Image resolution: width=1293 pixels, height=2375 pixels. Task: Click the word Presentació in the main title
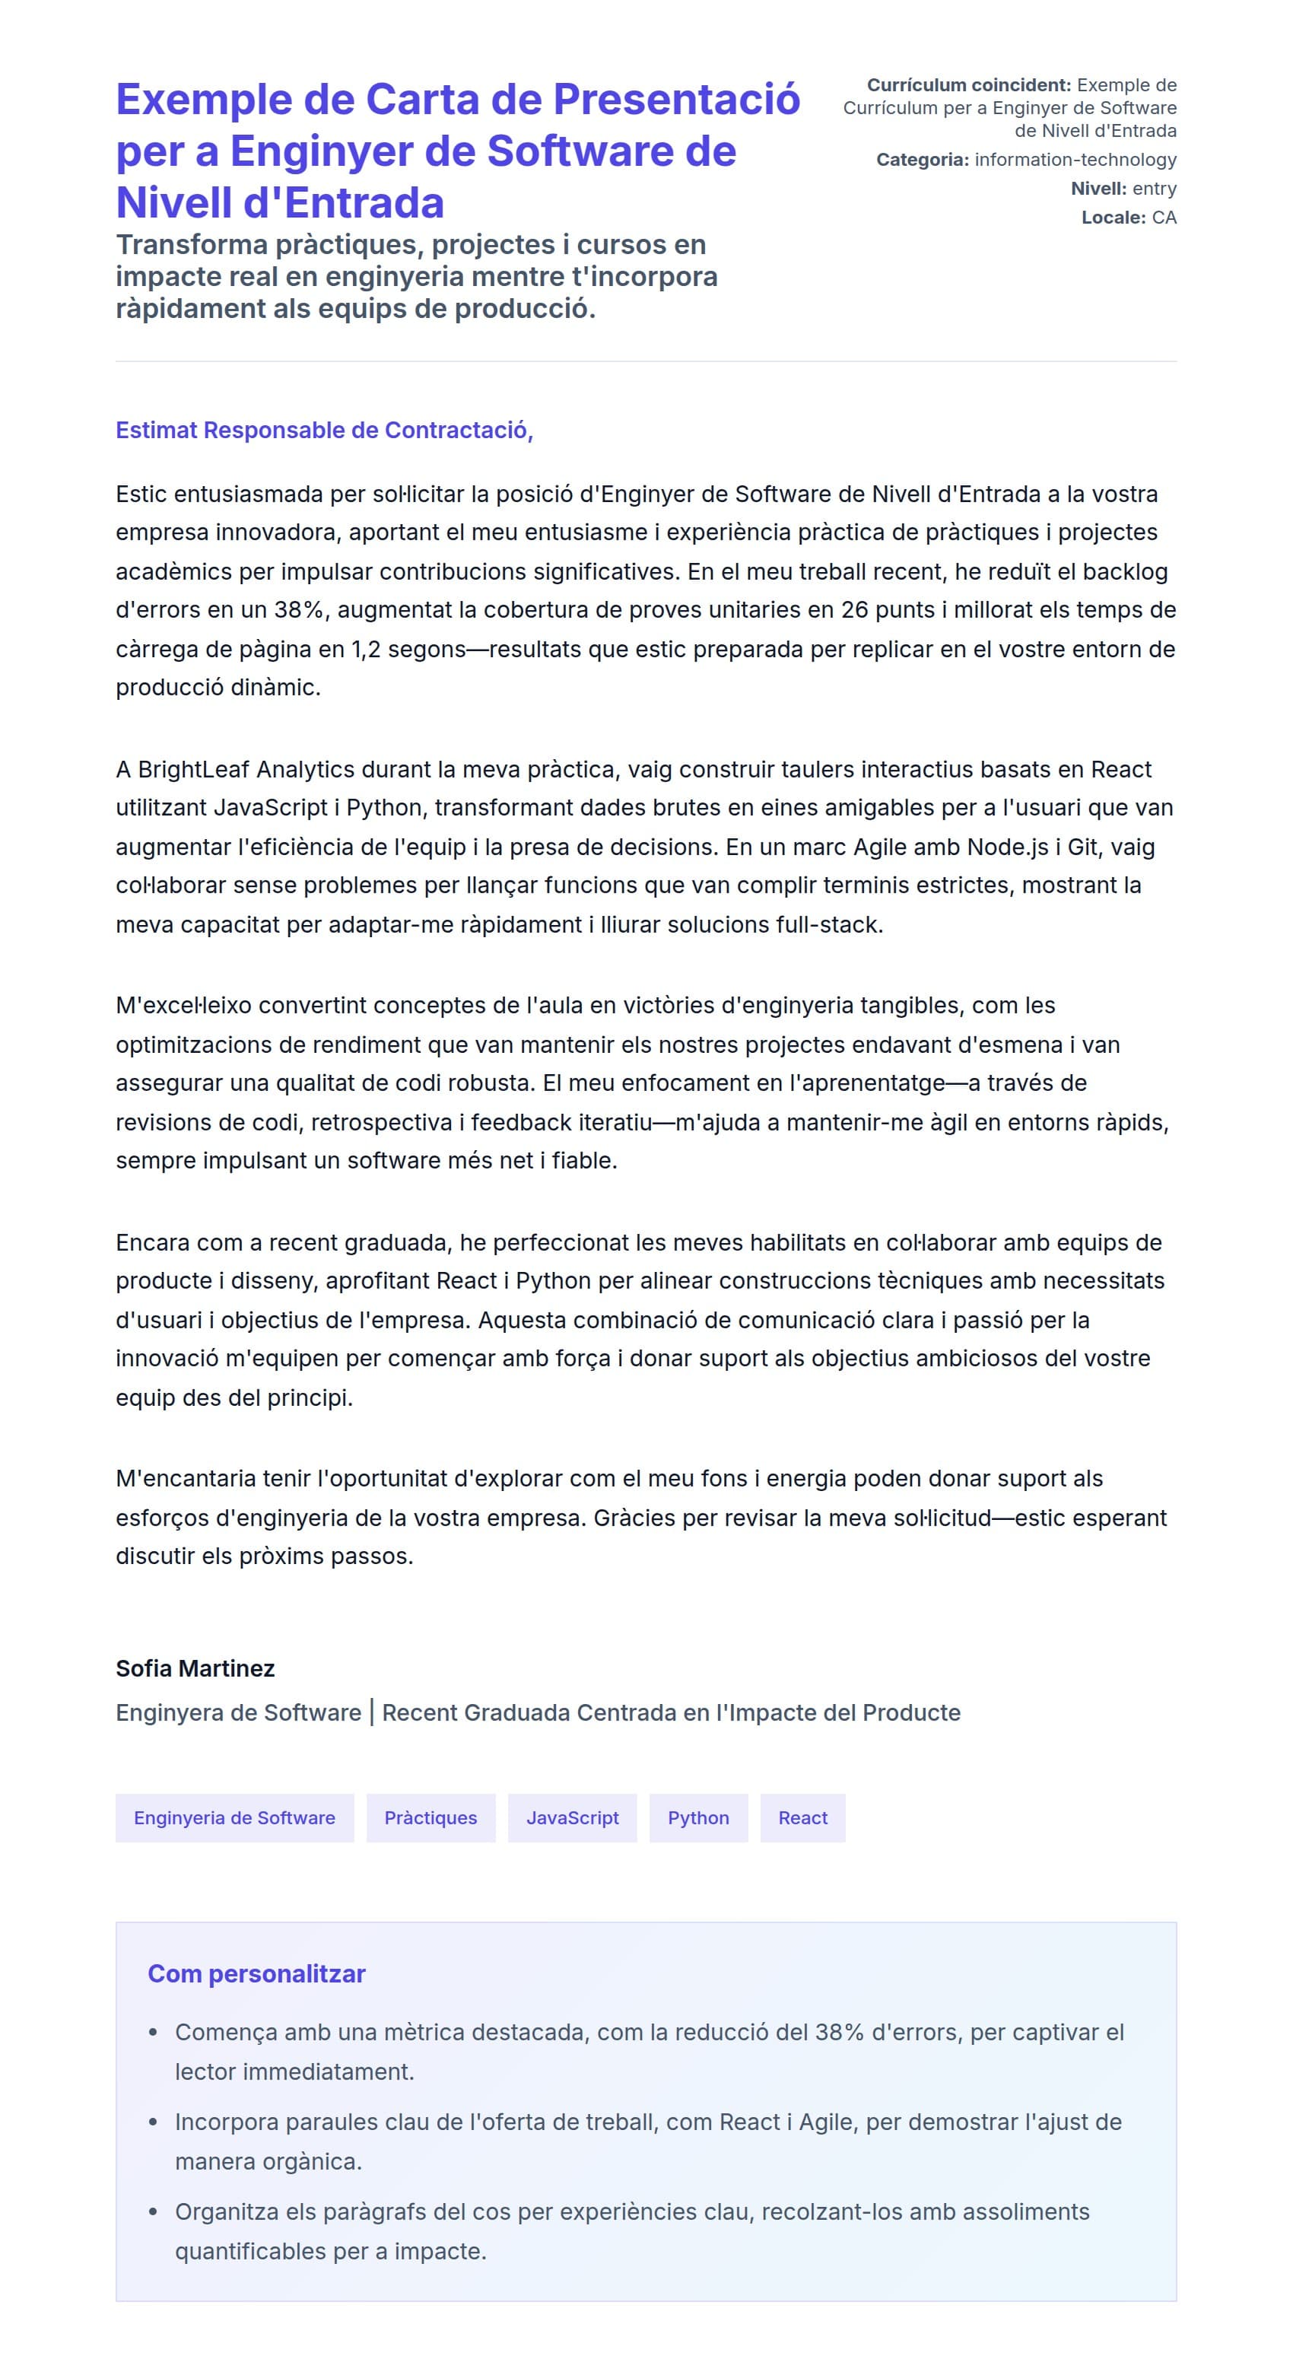tap(675, 100)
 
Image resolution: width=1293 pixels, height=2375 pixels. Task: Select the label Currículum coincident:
tap(968, 85)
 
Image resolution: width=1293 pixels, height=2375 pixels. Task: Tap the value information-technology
tap(1075, 160)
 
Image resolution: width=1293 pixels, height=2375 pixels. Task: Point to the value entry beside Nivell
tap(1154, 188)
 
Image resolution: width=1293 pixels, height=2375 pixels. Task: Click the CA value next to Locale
tap(1163, 218)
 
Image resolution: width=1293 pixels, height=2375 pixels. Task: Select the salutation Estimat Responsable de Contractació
tap(323, 430)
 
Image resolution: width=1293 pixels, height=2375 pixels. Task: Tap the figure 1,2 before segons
tap(366, 649)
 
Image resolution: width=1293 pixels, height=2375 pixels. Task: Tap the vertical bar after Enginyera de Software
tap(371, 1712)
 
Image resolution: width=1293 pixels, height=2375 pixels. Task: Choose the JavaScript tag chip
tap(572, 1817)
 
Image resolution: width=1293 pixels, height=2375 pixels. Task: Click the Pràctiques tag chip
tap(430, 1817)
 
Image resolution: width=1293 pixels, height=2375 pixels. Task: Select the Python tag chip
tap(697, 1817)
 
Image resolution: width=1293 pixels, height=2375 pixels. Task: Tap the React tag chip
tap(802, 1817)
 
